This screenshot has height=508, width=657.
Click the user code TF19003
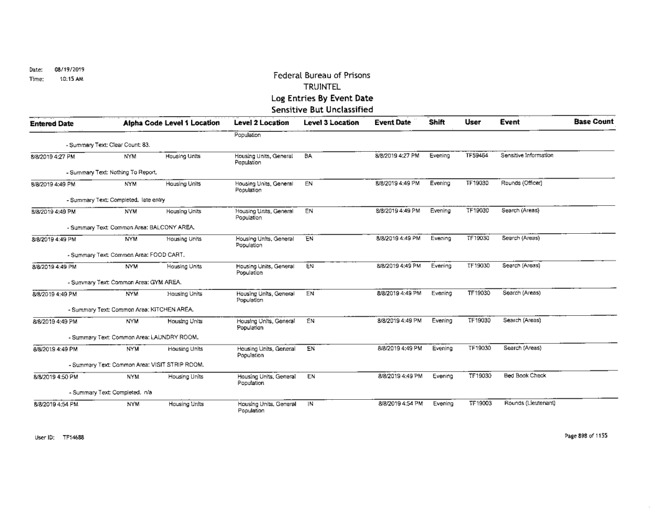[x=477, y=404]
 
